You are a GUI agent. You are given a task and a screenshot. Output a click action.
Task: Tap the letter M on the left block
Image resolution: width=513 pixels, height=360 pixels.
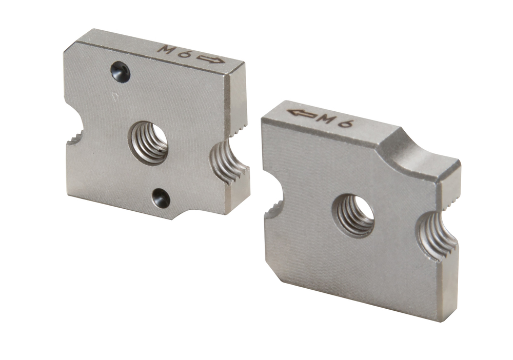(x=164, y=50)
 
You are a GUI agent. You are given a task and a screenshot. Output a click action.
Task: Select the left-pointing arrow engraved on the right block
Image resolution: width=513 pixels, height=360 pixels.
(x=301, y=113)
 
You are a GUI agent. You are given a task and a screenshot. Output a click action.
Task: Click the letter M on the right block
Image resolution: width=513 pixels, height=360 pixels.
(x=326, y=118)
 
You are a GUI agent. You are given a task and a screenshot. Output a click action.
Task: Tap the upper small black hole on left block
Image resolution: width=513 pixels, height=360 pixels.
(x=121, y=71)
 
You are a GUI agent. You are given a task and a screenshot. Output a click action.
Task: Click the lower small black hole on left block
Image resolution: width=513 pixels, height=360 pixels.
(x=162, y=197)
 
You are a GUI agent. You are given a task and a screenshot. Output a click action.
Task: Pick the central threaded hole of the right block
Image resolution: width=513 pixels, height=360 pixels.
(x=353, y=215)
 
